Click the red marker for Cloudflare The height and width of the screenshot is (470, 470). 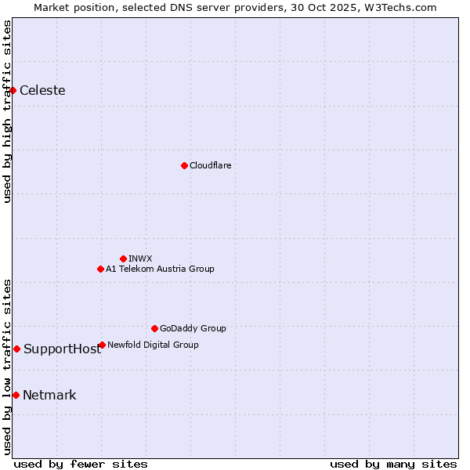(184, 165)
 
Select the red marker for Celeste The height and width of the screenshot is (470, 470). (13, 91)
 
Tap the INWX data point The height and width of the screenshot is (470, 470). (124, 258)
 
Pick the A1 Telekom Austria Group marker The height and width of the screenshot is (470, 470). (100, 269)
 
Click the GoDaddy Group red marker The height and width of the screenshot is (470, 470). (154, 328)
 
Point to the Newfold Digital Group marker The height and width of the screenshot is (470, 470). (103, 345)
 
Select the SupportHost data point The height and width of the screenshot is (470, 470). (16, 349)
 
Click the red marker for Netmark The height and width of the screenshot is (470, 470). (16, 395)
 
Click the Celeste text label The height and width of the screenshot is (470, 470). (42, 91)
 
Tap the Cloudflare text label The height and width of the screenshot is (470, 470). (210, 165)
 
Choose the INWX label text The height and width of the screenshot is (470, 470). (140, 258)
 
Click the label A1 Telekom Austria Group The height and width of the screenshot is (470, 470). (160, 269)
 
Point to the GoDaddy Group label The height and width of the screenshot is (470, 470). (193, 328)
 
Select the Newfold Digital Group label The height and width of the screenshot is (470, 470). (153, 345)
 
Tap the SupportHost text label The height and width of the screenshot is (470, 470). (62, 349)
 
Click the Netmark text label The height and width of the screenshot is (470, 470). (49, 396)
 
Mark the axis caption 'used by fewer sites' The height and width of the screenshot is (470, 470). (81, 464)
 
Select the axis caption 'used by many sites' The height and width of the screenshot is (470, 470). (393, 464)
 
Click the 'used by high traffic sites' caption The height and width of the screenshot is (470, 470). (7, 111)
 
